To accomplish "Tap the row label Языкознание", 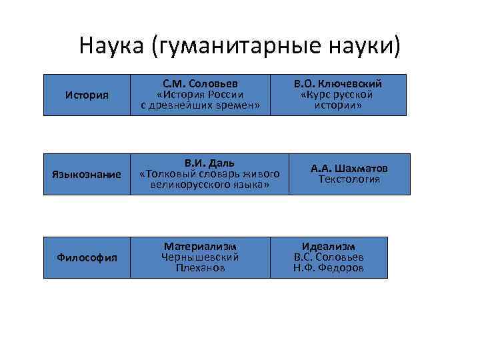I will click(x=87, y=174).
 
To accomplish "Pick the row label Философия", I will click(x=87, y=257).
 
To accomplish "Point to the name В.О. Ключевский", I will click(x=337, y=84).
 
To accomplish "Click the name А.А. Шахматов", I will click(x=349, y=169).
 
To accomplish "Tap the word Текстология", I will click(x=349, y=179).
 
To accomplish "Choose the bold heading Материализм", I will click(x=200, y=246).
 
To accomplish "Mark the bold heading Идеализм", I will click(x=329, y=246).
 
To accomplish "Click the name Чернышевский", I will click(x=200, y=257).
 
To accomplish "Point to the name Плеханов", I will click(x=200, y=267).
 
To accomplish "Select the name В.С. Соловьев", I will click(x=329, y=257).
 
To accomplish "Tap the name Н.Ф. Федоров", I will click(x=329, y=267).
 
